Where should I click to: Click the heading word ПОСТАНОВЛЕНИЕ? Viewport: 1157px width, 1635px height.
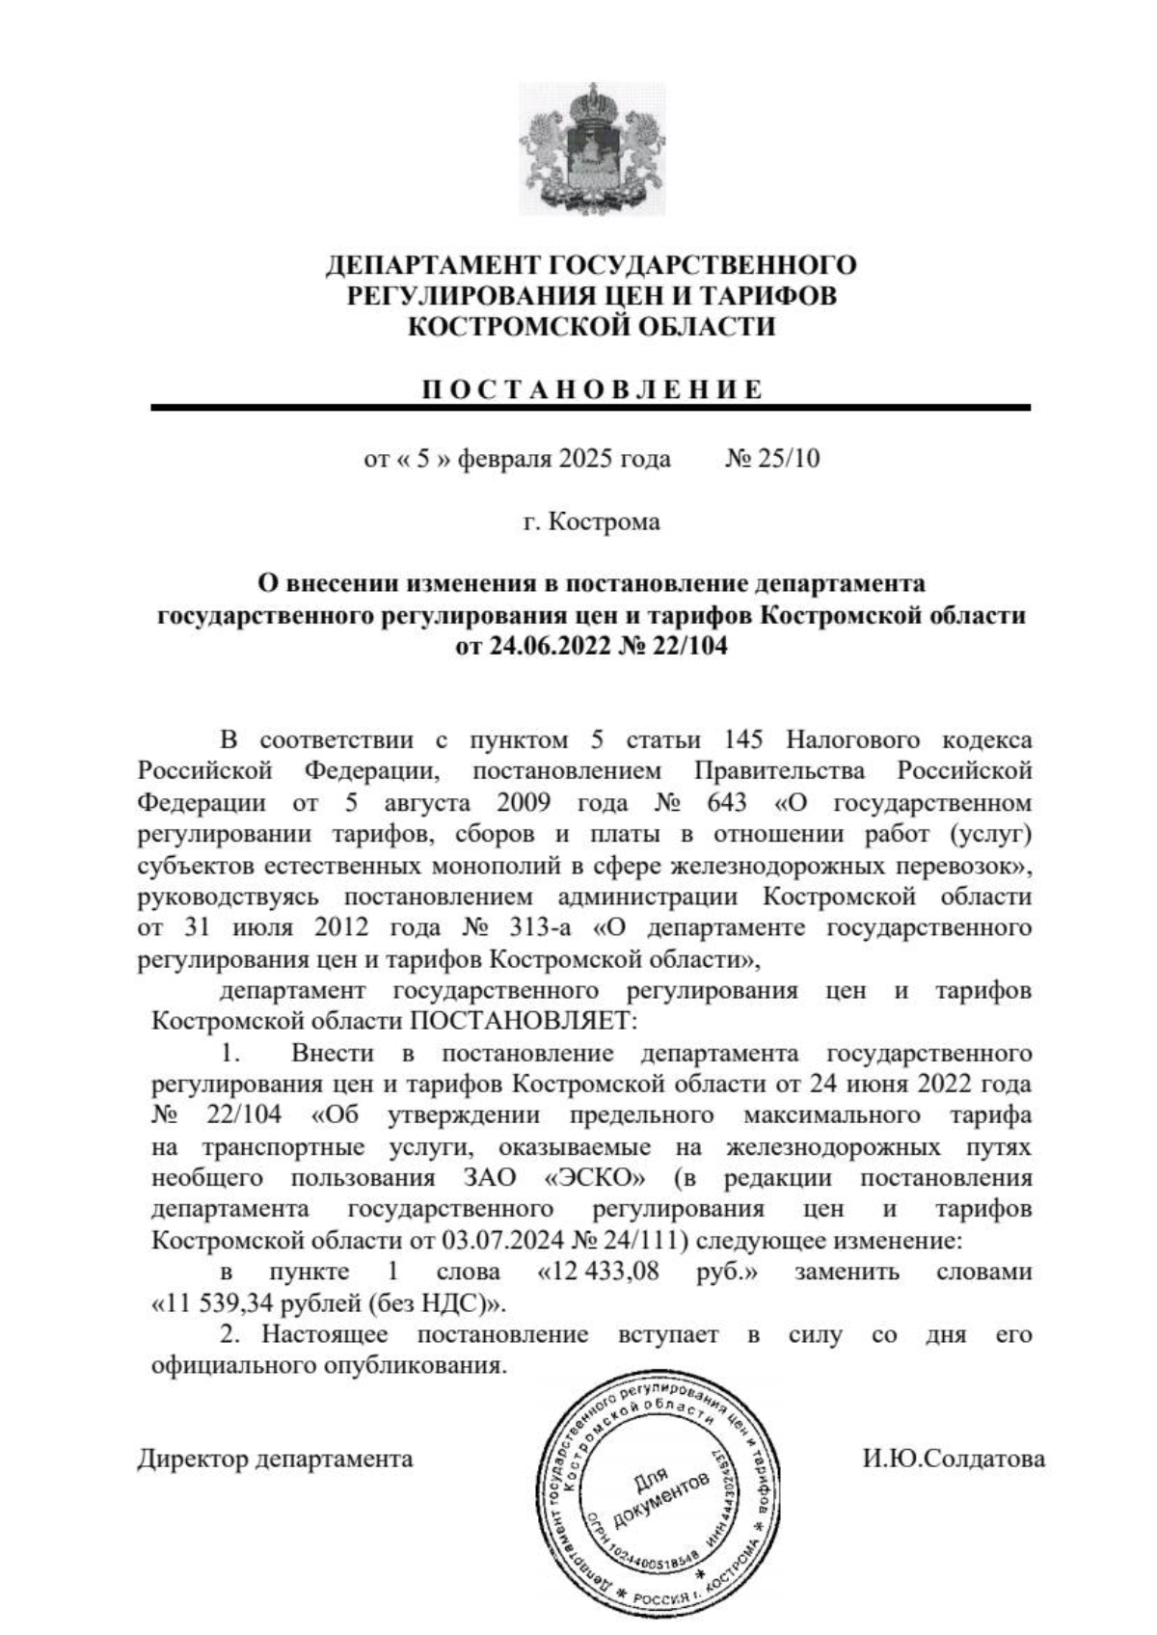click(591, 389)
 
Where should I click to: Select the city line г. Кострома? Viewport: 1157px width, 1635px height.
click(591, 522)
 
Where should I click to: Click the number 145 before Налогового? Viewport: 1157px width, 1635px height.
click(742, 740)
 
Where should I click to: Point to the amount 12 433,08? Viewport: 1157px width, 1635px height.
click(599, 1272)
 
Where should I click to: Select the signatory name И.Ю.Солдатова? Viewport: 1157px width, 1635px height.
click(953, 1459)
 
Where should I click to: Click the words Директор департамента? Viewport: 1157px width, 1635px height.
click(275, 1459)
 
